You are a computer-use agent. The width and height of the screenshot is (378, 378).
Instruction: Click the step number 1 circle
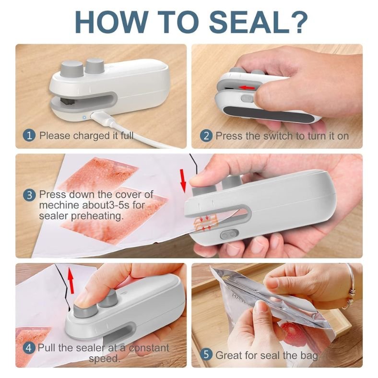[29, 135]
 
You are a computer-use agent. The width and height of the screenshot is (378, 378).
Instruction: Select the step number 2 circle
[206, 136]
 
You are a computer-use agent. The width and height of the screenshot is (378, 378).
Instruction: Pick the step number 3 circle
[29, 195]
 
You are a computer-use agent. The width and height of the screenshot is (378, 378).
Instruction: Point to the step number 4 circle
[29, 348]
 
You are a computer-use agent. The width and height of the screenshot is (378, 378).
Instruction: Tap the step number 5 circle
[206, 354]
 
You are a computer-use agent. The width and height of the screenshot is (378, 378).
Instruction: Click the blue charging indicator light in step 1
[84, 118]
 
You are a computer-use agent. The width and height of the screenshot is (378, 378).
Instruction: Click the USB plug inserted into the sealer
[99, 115]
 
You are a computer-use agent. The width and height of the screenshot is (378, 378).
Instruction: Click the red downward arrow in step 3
[183, 180]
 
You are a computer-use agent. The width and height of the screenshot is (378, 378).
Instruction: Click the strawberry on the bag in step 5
[292, 333]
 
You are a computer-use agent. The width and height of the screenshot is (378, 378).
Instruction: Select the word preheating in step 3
[97, 216]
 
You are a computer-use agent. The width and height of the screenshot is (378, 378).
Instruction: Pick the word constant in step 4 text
[149, 348]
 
